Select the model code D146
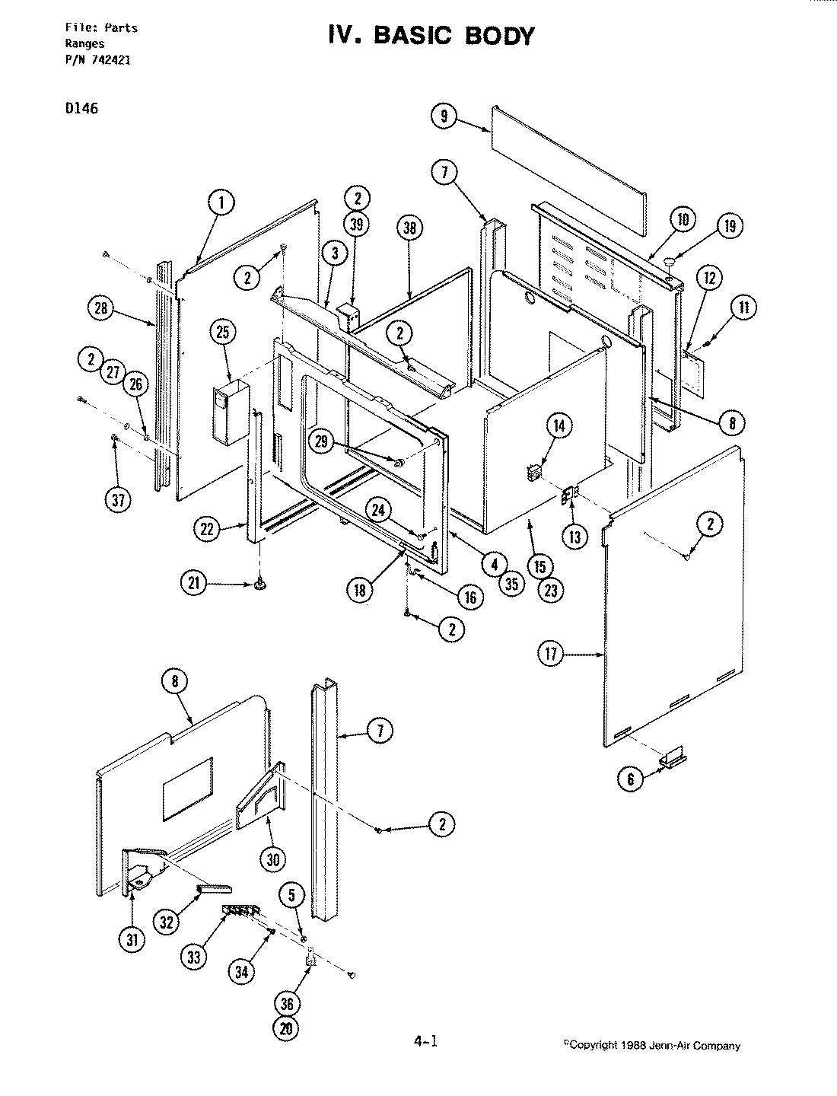click(x=81, y=107)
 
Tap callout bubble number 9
click(x=444, y=116)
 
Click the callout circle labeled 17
click(x=552, y=654)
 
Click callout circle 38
click(x=410, y=228)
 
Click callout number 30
click(x=272, y=859)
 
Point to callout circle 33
click(x=194, y=956)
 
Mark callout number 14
click(x=559, y=426)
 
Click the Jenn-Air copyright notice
click(x=651, y=1045)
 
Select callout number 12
click(x=709, y=279)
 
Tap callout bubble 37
click(x=117, y=499)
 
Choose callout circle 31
click(x=133, y=940)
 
